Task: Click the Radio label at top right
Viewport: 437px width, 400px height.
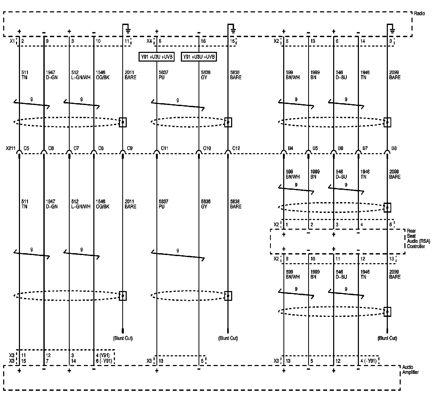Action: (x=419, y=13)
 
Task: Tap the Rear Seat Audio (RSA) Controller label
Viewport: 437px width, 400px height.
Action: (x=418, y=238)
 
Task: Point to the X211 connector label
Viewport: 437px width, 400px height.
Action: (x=11, y=148)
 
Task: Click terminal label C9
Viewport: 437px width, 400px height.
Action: (x=130, y=148)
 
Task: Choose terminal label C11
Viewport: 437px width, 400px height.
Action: (x=164, y=148)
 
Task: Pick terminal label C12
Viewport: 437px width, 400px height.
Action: (x=236, y=148)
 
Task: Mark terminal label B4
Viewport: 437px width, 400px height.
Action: (x=290, y=148)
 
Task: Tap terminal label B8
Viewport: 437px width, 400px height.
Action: (x=394, y=148)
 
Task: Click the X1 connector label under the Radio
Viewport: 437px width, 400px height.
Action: (x=12, y=41)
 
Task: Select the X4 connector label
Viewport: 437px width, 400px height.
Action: (x=149, y=41)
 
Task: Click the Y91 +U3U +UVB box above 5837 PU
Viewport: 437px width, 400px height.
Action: (x=156, y=57)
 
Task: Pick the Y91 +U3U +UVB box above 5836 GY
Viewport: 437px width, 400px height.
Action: (x=199, y=57)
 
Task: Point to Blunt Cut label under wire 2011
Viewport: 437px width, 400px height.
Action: (x=123, y=338)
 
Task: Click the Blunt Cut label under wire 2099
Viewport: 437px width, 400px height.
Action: (x=387, y=338)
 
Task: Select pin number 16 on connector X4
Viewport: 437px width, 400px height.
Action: (x=203, y=41)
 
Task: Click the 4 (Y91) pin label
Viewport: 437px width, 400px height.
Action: (x=104, y=355)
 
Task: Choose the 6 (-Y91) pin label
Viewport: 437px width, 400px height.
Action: (x=104, y=361)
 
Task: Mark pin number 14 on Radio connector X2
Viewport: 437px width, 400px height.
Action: (x=363, y=41)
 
